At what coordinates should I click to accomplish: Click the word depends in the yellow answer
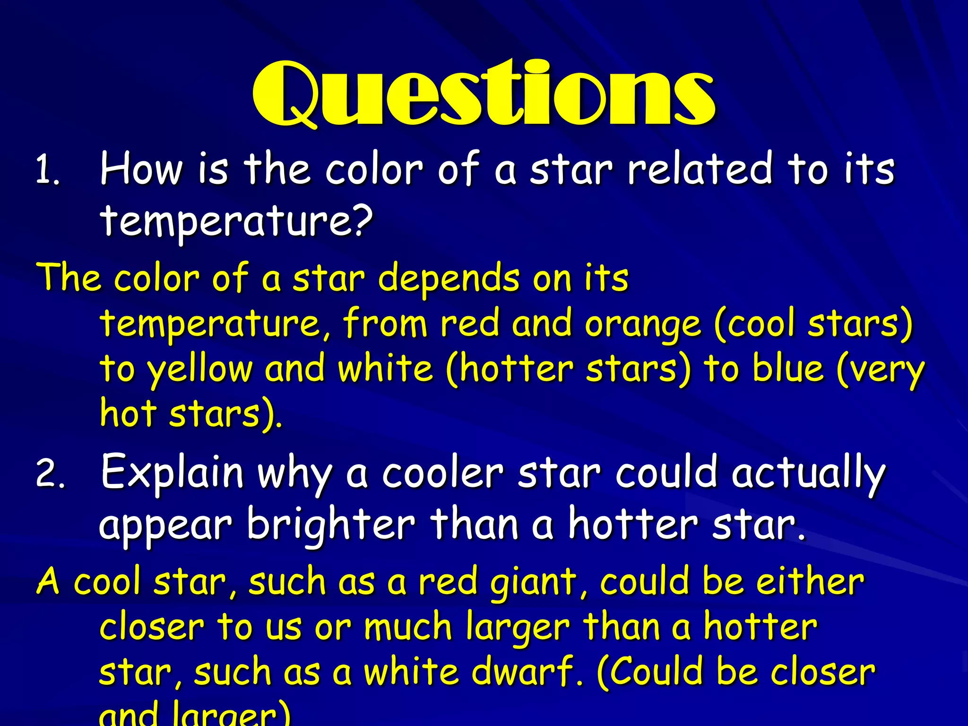pos(449,278)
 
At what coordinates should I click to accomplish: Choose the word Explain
pos(172,473)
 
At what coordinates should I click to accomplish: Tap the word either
pos(810,581)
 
